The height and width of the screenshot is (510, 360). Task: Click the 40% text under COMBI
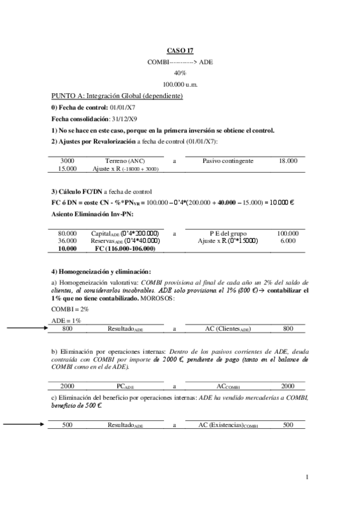(x=180, y=73)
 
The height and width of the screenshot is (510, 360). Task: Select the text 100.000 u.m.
(x=180, y=84)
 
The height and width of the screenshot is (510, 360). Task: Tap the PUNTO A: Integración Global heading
(x=117, y=96)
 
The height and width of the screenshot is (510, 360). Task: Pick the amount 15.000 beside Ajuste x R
(x=67, y=170)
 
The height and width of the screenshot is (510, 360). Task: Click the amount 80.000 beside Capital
(x=67, y=233)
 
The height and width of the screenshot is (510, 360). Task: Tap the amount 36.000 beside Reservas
(x=67, y=241)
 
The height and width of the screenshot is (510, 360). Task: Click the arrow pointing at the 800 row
(x=27, y=328)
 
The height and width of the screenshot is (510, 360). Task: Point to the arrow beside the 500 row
(x=27, y=424)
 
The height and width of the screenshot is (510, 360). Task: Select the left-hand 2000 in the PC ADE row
(x=67, y=386)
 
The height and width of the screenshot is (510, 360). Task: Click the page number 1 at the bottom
(x=307, y=478)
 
